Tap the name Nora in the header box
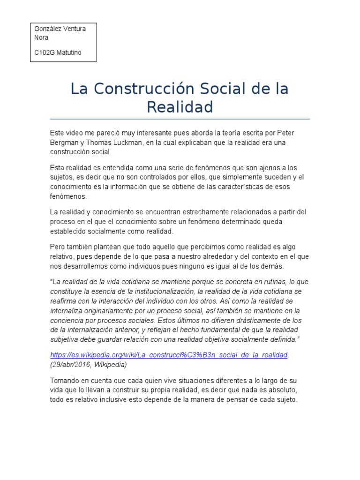pyautogui.click(x=41, y=37)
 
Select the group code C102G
pyautogui.click(x=44, y=52)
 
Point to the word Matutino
pyautogui.click(x=68, y=52)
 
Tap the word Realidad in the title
pyautogui.click(x=180, y=107)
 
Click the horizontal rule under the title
pyautogui.click(x=180, y=119)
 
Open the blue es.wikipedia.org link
pyautogui.click(x=169, y=355)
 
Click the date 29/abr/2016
pyautogui.click(x=70, y=364)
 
